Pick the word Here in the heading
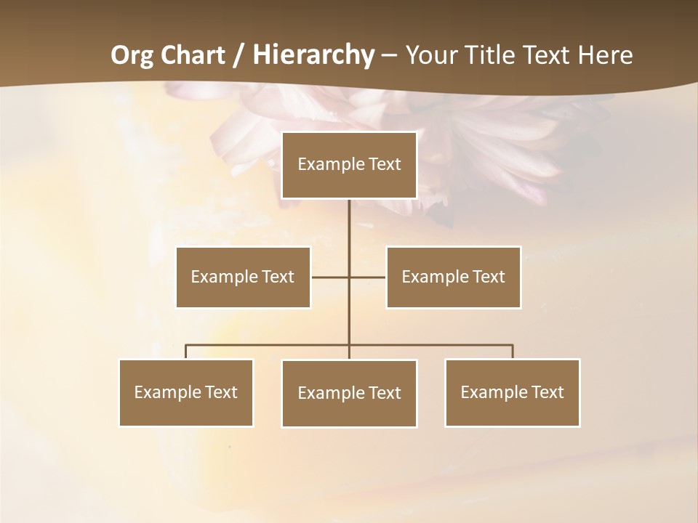605,55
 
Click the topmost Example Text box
349,165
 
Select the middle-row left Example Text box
243,277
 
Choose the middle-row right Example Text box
453,277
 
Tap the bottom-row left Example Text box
185,392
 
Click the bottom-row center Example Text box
349,393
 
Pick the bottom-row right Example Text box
512,392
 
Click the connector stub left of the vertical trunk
329,277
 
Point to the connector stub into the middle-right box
368,277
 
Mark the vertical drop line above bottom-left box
185,352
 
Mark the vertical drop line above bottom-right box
513,352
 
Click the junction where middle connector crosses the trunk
349,277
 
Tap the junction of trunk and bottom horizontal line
349,345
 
